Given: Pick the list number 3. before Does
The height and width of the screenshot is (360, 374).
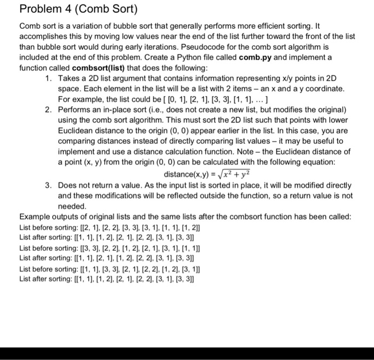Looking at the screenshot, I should tap(49, 186).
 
